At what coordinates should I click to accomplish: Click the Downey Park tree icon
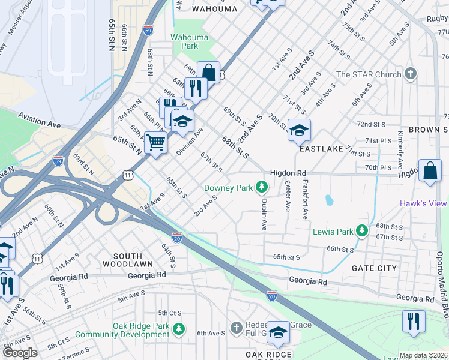click(x=261, y=188)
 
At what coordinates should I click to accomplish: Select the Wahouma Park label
click(x=189, y=41)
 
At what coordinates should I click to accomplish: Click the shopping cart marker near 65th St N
click(x=155, y=143)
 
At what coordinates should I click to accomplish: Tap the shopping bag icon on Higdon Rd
click(x=430, y=170)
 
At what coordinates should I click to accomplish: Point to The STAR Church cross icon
click(x=411, y=74)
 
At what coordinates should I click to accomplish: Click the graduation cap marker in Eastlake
click(x=298, y=129)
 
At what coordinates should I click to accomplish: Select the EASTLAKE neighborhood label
click(x=321, y=148)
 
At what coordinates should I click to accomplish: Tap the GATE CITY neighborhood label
click(x=374, y=268)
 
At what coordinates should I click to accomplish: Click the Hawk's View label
click(x=424, y=203)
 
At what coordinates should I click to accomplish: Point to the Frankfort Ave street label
click(x=305, y=198)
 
